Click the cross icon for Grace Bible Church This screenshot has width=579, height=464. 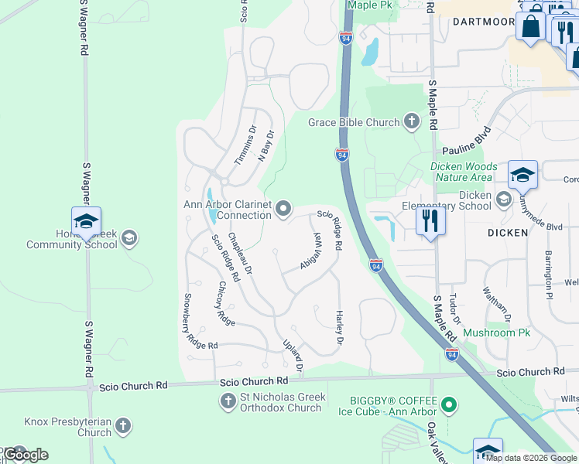coord(411,121)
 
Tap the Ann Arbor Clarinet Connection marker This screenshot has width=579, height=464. coord(284,208)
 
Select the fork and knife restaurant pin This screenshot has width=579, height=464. coord(430,222)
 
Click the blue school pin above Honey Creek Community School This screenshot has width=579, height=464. coord(86,222)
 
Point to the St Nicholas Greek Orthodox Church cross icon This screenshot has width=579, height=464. coord(228,401)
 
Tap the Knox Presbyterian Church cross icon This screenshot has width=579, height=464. coord(123,425)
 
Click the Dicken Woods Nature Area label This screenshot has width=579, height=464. coord(464,172)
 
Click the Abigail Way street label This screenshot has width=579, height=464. coord(310,251)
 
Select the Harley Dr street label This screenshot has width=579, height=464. coord(338,328)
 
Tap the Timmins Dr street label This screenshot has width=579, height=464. coord(245,145)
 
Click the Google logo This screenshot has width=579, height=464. coord(26,455)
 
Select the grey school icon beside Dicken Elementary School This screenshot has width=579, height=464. coord(504,200)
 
